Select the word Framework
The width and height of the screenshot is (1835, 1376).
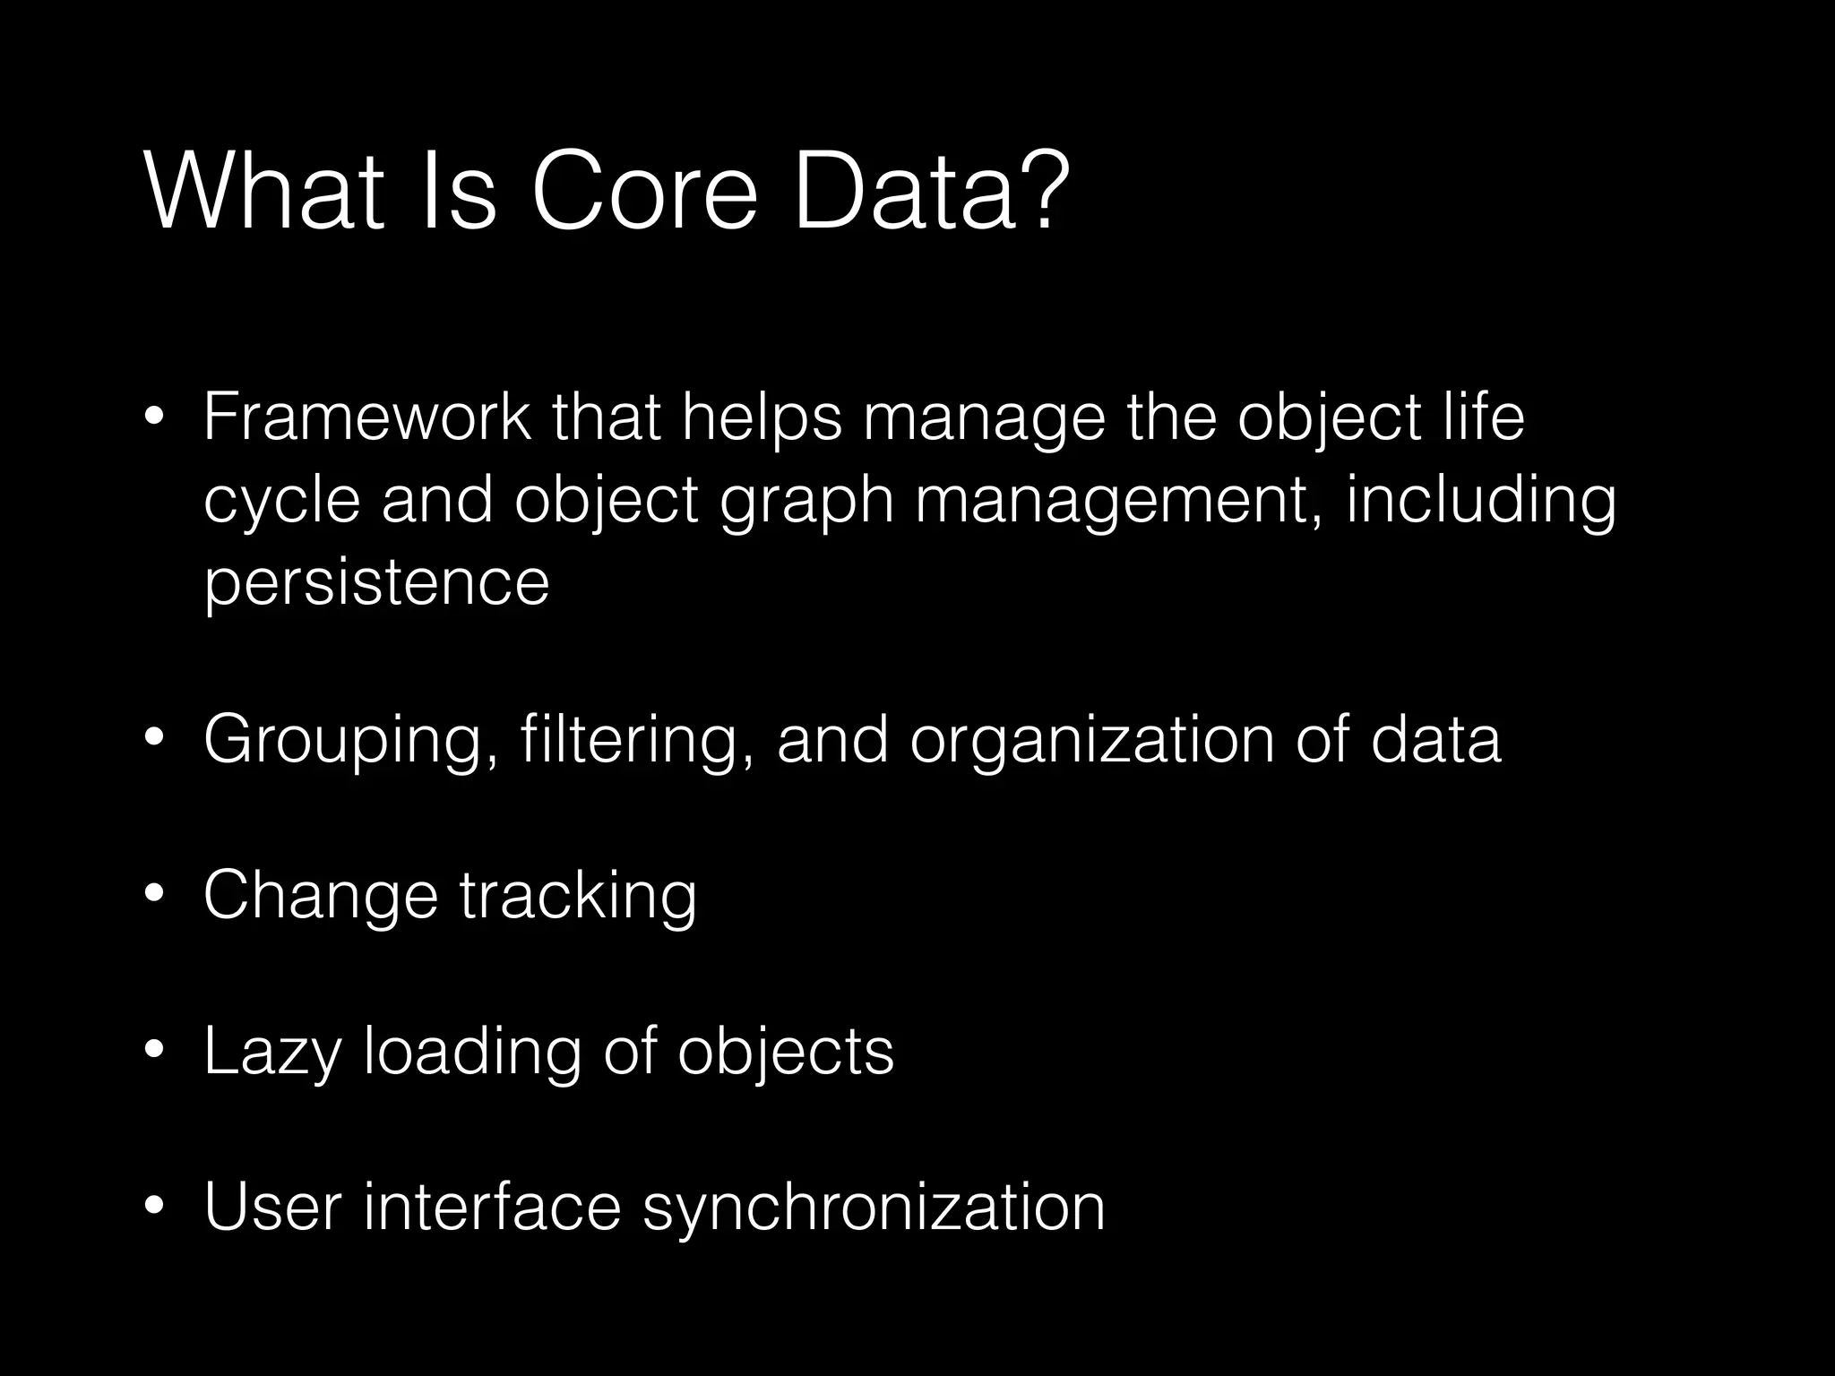[366, 417]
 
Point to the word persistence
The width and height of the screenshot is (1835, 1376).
[376, 581]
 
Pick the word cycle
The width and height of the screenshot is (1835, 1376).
[281, 499]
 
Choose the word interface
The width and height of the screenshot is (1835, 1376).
[492, 1207]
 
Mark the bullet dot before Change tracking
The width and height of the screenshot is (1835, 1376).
[154, 894]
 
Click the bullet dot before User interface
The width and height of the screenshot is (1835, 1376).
[154, 1206]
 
